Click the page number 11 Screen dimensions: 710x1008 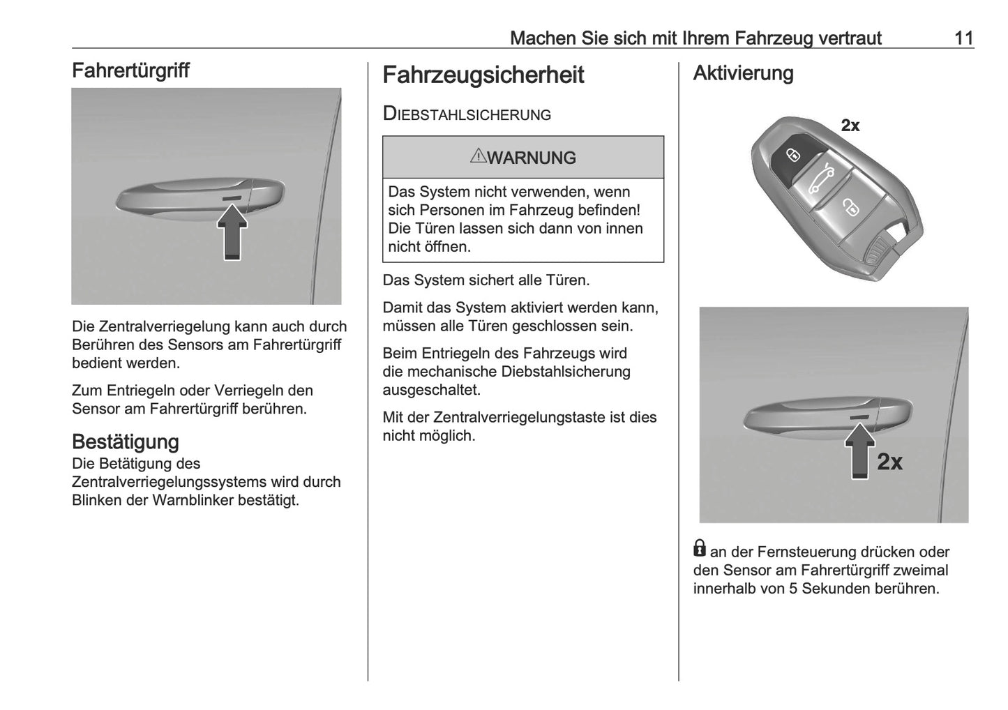point(963,38)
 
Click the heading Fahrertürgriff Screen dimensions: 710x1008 point(130,70)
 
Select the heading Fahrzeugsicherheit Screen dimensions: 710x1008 point(483,75)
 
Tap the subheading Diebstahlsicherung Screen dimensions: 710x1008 point(467,114)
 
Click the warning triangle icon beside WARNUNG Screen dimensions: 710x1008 point(478,156)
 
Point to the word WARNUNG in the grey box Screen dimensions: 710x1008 point(532,158)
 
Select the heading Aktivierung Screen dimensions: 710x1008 point(743,73)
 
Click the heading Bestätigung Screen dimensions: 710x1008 point(126,441)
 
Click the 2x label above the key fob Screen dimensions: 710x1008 point(850,126)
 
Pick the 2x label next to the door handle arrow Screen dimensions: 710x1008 point(889,462)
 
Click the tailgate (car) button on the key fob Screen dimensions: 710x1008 point(820,181)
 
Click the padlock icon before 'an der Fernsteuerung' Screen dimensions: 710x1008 point(700,548)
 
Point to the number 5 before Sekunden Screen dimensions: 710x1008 point(793,588)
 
